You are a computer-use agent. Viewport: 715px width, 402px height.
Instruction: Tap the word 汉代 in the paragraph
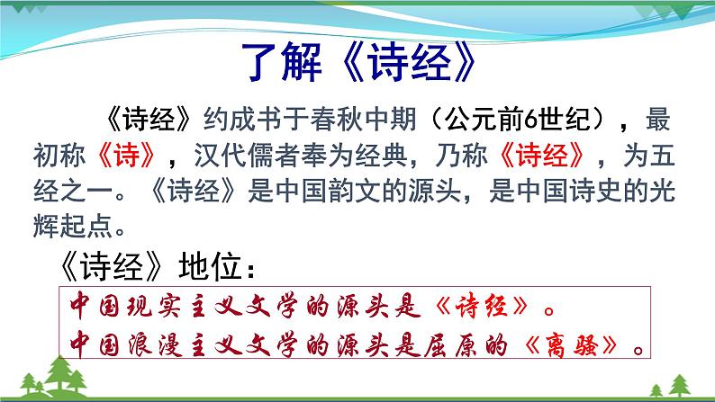(213, 158)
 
